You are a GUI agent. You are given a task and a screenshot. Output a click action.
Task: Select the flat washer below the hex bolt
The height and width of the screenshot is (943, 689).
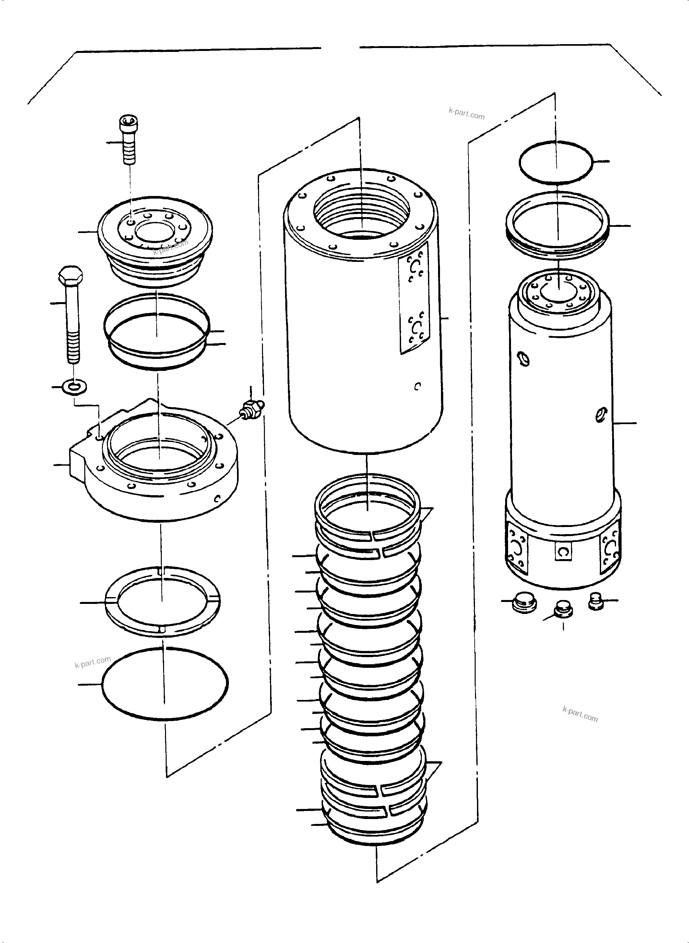pyautogui.click(x=74, y=387)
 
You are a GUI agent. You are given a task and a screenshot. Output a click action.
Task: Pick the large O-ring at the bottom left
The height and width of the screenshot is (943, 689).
pyautogui.click(x=164, y=683)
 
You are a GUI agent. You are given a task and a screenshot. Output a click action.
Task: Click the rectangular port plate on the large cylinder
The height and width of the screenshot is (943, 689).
pyautogui.click(x=414, y=297)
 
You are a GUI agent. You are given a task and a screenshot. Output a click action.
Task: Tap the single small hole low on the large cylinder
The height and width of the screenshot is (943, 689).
pyautogui.click(x=418, y=386)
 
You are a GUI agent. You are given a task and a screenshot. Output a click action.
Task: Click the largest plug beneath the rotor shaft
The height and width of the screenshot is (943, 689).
pyautogui.click(x=523, y=604)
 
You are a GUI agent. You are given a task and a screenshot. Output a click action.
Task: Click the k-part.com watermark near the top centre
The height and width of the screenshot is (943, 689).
pyautogui.click(x=467, y=113)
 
